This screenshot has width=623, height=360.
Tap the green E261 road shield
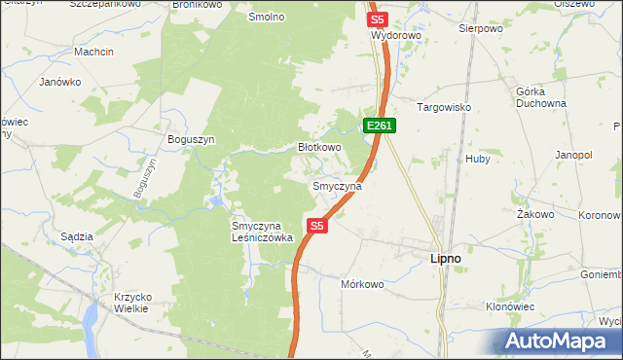pos(380,126)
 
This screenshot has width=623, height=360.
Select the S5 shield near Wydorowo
pos(378,18)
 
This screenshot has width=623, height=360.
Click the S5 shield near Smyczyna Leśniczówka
pos(316,226)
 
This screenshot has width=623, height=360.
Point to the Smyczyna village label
pos(337,185)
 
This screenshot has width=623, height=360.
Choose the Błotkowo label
pos(318,148)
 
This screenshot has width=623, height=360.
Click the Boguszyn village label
pos(191,139)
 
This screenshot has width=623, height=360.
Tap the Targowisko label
pos(444,107)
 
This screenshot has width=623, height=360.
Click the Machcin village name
pos(93,51)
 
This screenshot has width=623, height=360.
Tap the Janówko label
pos(59,82)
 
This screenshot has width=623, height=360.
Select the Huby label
pos(478,158)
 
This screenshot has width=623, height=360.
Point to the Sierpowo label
pos(479,29)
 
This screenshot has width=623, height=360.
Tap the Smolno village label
pos(266,18)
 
